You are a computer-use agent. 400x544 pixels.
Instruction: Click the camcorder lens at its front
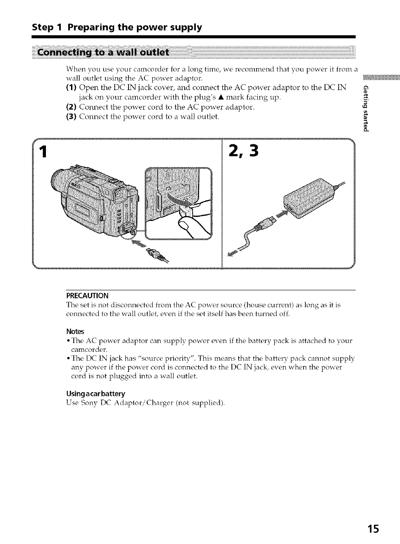pos(59,181)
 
